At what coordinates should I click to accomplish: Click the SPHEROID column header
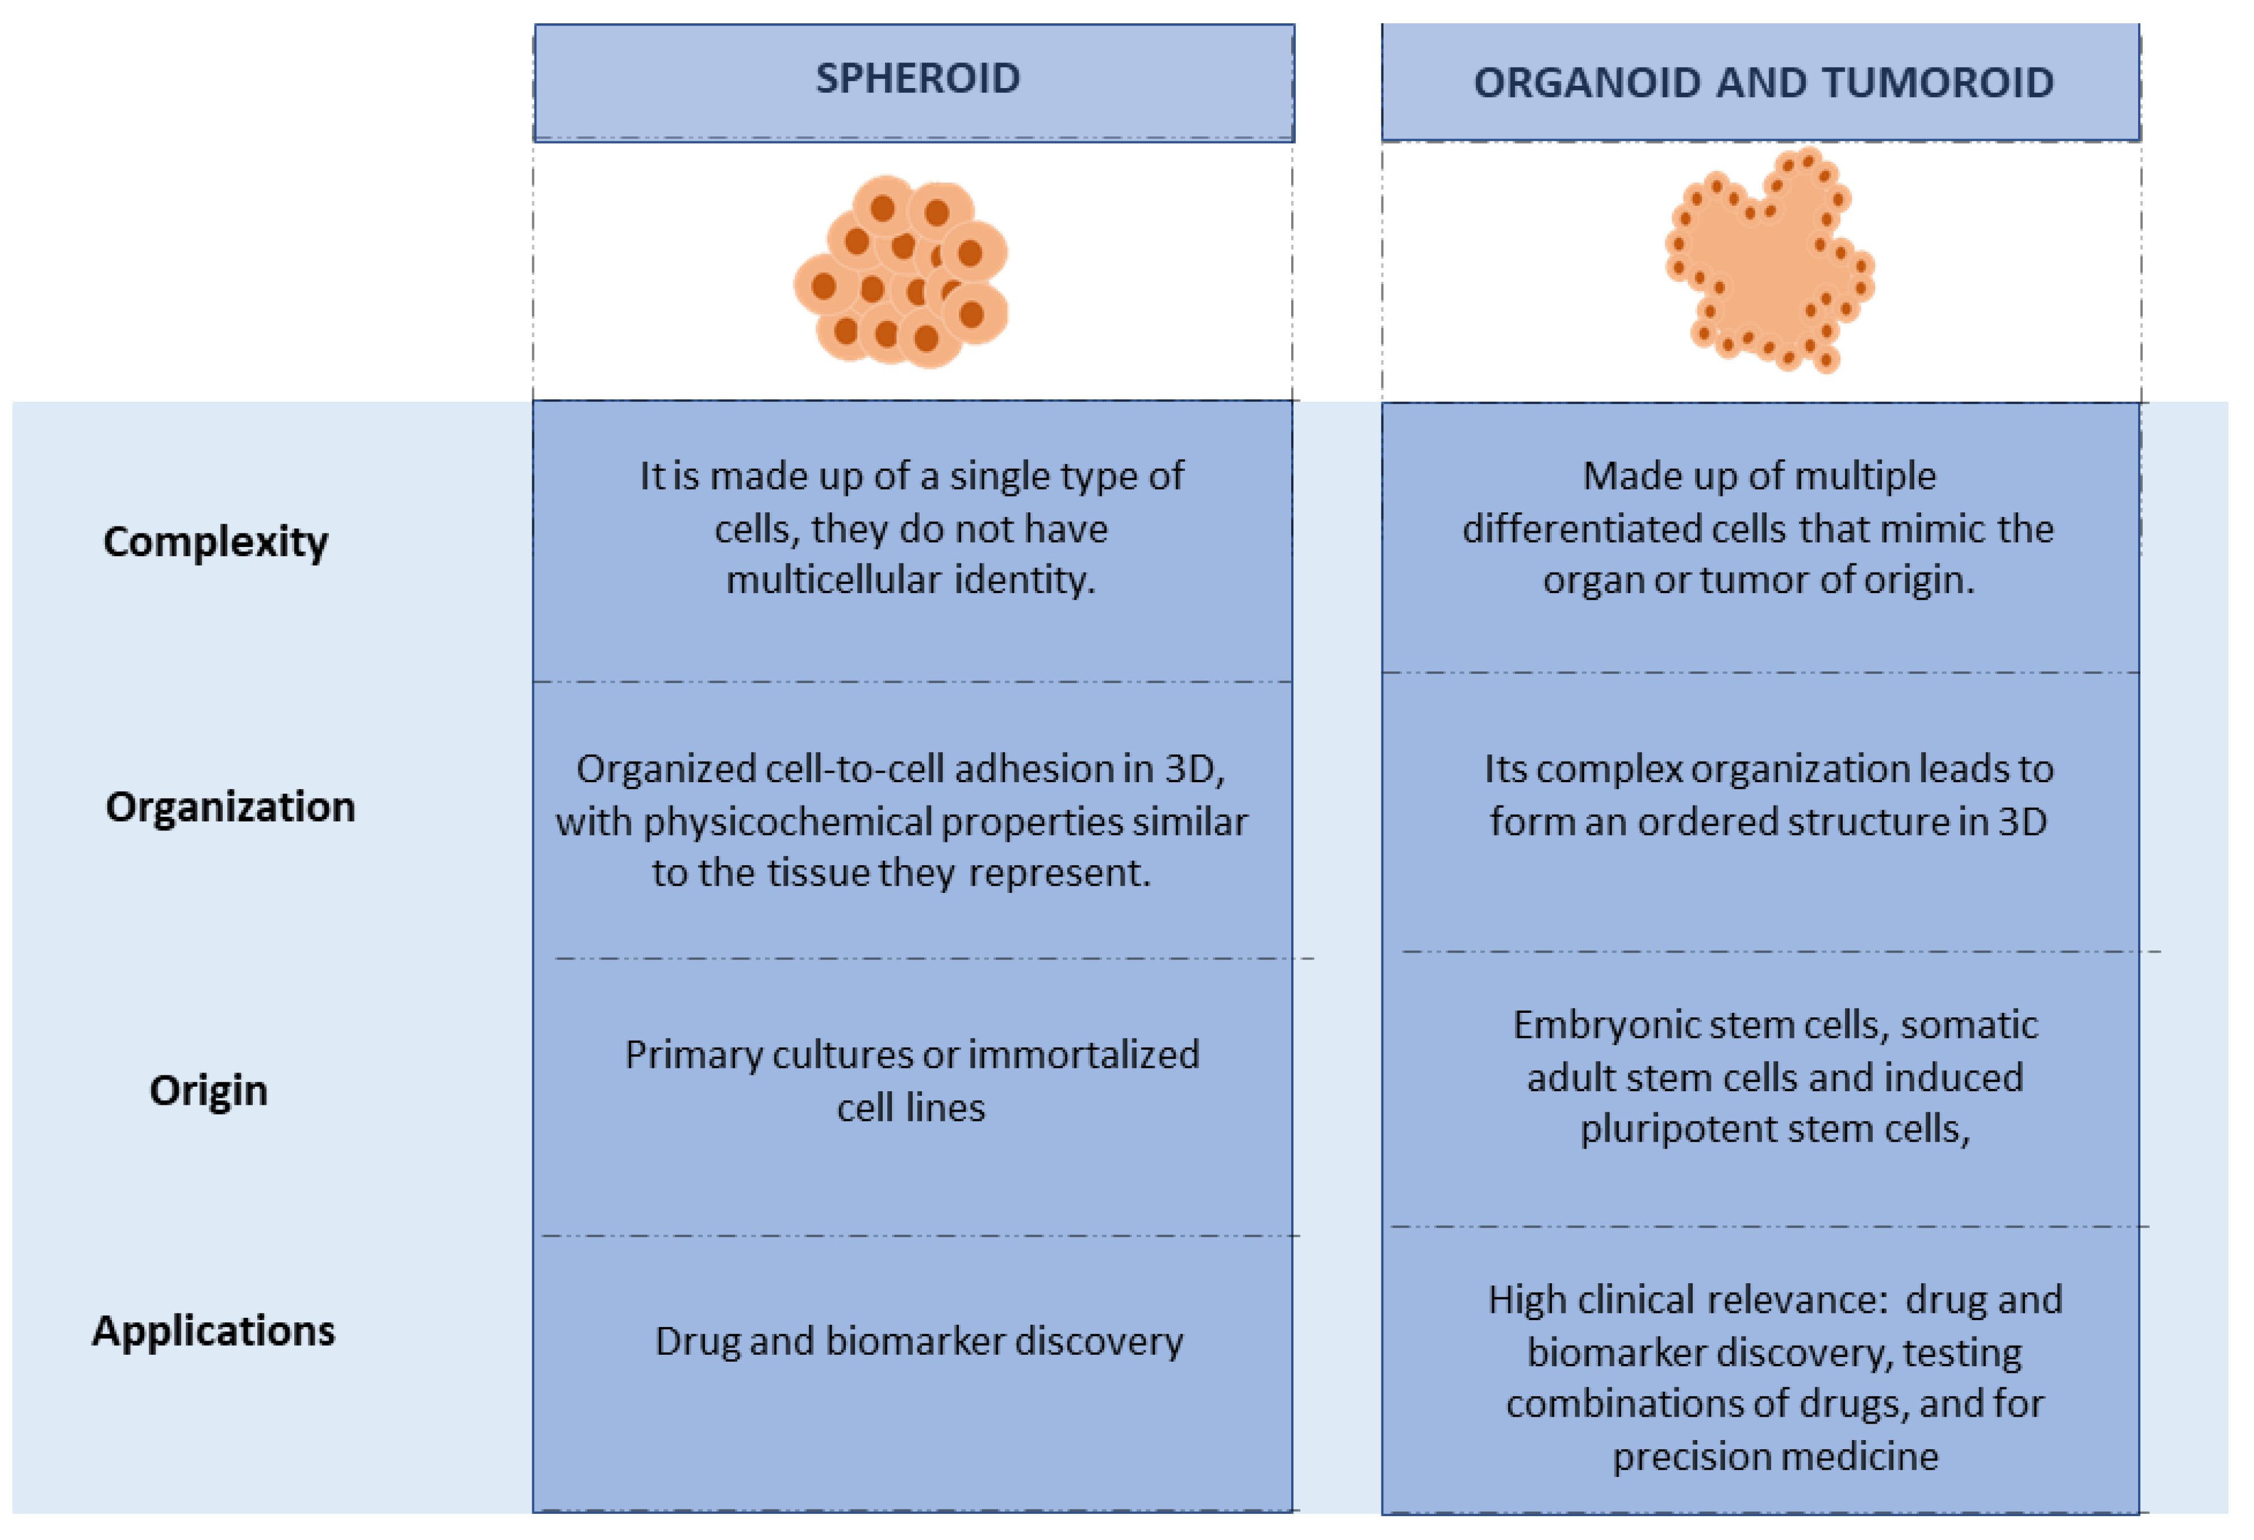tap(916, 78)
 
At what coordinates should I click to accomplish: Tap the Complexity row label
tap(215, 541)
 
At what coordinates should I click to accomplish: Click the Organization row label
tap(230, 807)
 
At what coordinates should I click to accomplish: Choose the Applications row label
tap(214, 1330)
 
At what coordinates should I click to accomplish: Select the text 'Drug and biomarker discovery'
tap(919, 1341)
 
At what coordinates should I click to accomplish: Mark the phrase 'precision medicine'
tap(1775, 1456)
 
